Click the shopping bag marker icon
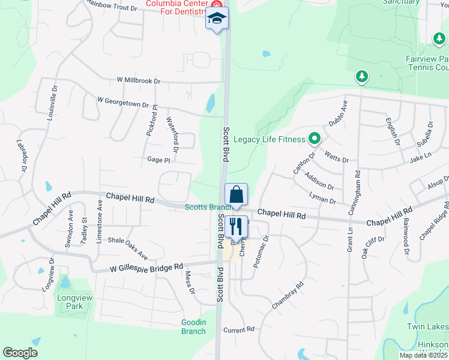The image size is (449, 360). point(237,194)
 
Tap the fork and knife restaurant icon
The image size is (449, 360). point(235,226)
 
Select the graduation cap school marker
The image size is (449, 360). point(217,19)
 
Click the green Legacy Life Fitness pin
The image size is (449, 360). point(314,140)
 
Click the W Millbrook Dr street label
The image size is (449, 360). point(139,80)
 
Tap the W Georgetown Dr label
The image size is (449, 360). point(122,103)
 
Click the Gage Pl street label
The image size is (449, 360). point(159,160)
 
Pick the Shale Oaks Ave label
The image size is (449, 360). point(127,243)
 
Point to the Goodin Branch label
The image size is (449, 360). point(193,326)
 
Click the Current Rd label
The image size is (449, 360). point(239,329)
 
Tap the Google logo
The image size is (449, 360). point(20,353)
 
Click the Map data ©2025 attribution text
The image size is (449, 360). point(424,355)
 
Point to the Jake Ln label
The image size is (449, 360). point(420,157)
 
